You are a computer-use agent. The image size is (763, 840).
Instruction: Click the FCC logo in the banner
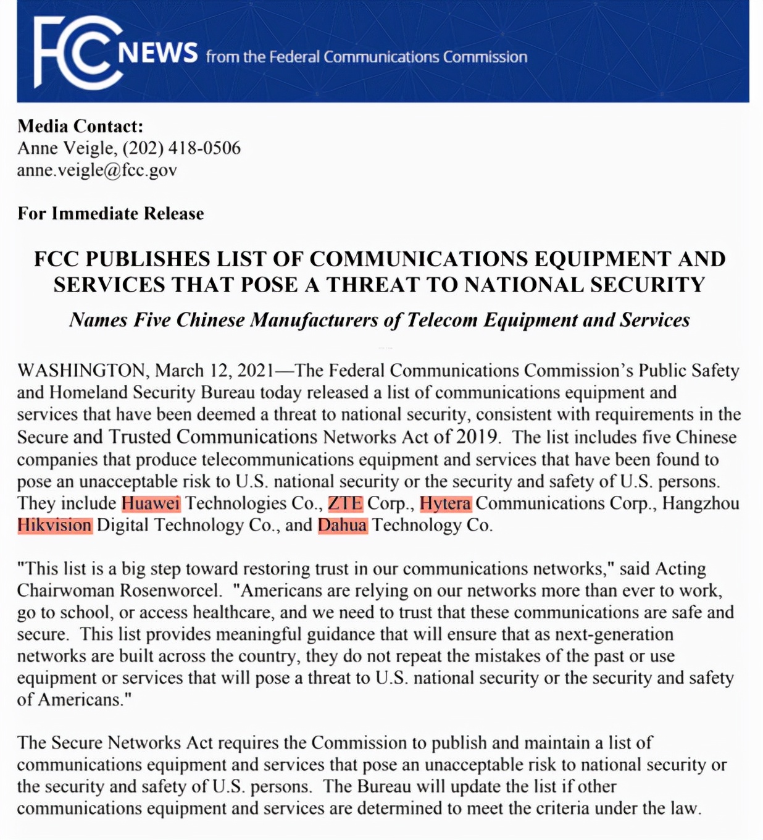tap(78, 52)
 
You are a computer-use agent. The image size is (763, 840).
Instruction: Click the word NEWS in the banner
tap(158, 54)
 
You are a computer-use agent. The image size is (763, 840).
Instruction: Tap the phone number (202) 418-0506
tap(181, 148)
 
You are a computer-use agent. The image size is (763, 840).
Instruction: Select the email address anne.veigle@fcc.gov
tap(97, 170)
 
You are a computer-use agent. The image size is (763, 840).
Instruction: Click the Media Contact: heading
tap(80, 127)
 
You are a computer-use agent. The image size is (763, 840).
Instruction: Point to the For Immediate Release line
tap(110, 214)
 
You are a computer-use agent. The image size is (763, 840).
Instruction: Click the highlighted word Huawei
tap(151, 503)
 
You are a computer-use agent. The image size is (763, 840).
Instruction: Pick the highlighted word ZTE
tap(345, 503)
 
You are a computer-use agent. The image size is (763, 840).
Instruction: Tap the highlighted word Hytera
tap(445, 503)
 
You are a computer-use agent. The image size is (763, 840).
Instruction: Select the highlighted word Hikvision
tap(55, 526)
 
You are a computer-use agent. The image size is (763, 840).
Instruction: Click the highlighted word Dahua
tap(343, 526)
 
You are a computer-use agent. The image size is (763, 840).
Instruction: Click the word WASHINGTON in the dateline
tap(81, 371)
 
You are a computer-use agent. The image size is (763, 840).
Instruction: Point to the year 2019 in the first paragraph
tap(477, 437)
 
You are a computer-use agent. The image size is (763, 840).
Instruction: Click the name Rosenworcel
tap(170, 590)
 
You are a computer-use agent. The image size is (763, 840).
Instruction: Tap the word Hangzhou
tap(701, 503)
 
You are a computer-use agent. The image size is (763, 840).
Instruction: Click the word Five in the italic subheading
tap(152, 320)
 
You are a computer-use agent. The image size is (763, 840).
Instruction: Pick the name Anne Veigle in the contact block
tap(66, 148)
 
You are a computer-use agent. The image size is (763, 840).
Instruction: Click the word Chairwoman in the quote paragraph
tap(65, 590)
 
